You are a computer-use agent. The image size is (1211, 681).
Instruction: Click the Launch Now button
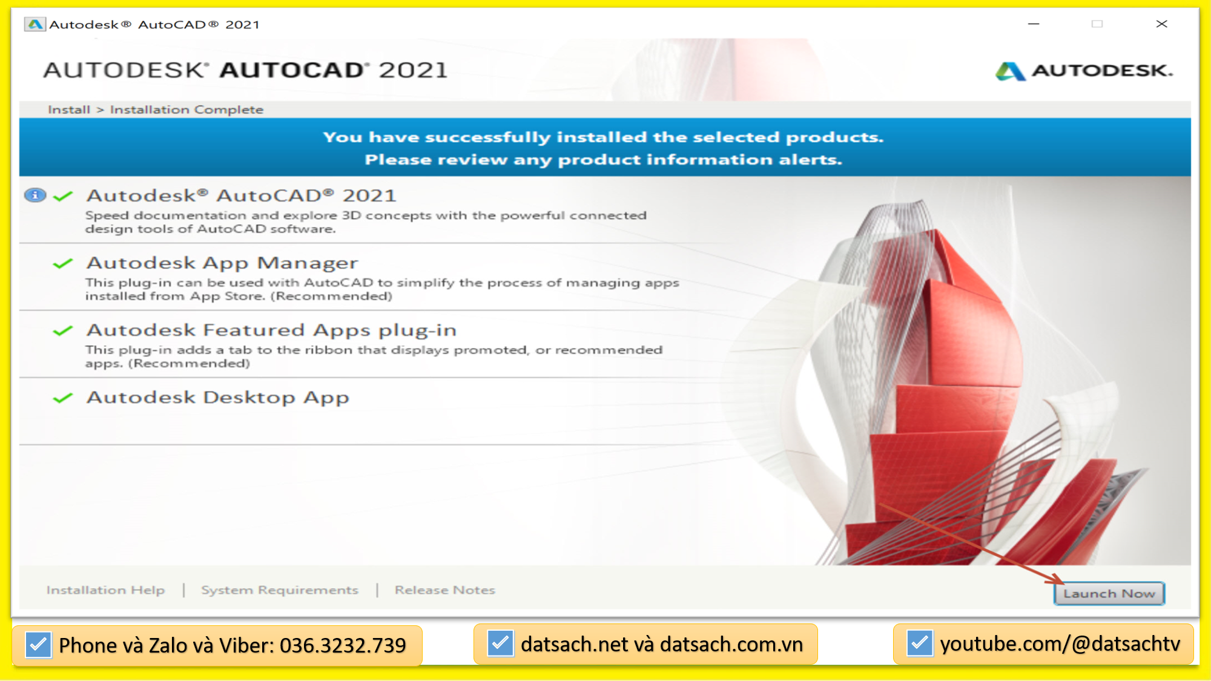(1109, 593)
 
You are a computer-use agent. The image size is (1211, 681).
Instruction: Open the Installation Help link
(105, 590)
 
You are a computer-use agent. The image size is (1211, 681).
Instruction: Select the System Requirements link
(279, 590)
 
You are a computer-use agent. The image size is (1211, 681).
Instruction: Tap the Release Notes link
(444, 590)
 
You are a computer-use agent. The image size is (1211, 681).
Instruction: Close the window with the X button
(1161, 24)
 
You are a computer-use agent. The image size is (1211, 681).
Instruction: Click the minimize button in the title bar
(1034, 24)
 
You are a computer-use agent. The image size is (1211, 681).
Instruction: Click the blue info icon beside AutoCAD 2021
(35, 195)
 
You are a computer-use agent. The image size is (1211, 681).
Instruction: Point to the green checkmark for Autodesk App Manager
(63, 263)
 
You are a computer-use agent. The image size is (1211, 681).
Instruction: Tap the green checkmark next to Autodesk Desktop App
(63, 398)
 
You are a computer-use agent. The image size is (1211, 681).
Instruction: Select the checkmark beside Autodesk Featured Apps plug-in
(63, 331)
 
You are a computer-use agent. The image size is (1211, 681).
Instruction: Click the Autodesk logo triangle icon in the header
(1010, 71)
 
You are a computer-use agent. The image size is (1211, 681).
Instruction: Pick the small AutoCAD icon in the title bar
(35, 24)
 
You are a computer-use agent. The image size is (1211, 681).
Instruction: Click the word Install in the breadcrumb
(69, 110)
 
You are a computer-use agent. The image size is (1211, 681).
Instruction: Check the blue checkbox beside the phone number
(38, 645)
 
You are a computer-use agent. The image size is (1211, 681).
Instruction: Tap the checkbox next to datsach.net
(500, 643)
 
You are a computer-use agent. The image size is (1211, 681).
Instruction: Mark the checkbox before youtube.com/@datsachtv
(919, 643)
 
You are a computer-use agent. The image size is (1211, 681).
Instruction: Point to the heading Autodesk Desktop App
(218, 397)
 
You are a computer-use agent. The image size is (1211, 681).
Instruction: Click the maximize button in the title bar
(1097, 24)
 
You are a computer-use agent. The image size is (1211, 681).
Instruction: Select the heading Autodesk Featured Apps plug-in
(271, 330)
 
